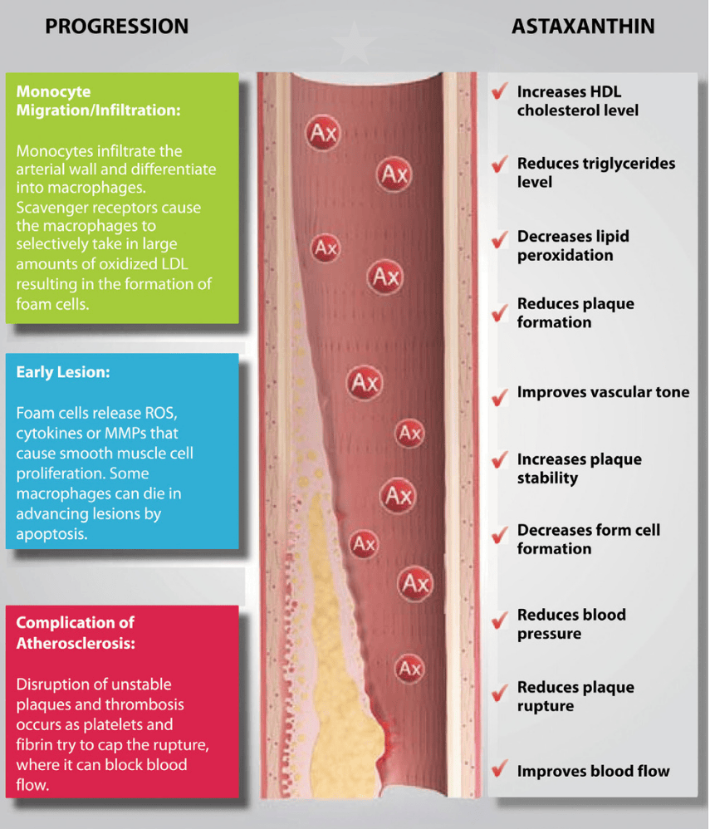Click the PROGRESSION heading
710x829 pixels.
116,27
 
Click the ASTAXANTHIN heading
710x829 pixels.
582,27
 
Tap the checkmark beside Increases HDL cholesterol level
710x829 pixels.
499,91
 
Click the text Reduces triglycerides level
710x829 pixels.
595,172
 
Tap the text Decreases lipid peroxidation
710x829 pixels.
573,245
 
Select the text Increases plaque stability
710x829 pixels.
579,468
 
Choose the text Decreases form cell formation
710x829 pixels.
588,539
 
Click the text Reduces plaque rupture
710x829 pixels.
575,696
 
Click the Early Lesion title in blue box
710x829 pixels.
62,373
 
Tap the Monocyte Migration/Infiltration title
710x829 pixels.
98,101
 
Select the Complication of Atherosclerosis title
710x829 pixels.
75,632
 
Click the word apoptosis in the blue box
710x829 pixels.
51,534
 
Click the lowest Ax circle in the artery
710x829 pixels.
409,667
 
